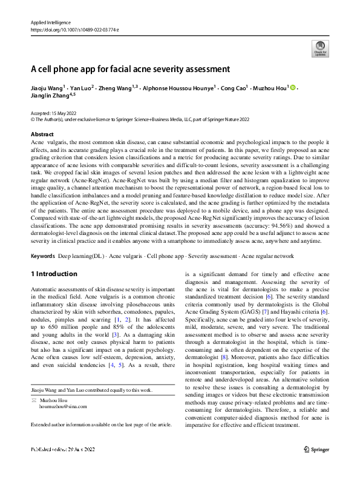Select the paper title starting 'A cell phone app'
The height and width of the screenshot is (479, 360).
(x=131, y=69)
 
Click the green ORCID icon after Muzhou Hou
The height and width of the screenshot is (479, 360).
(x=293, y=88)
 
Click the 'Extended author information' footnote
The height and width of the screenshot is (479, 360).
(x=101, y=425)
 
